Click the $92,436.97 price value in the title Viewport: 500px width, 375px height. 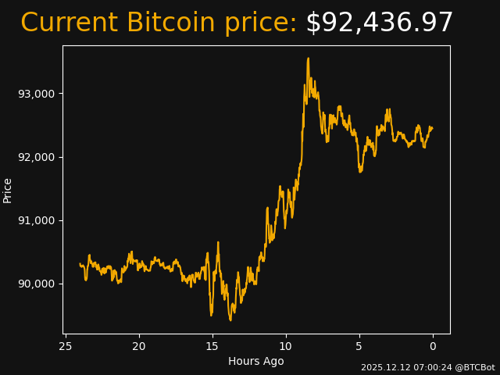tap(379, 23)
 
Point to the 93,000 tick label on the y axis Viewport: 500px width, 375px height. tap(35, 94)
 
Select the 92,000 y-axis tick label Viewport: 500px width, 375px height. tap(35, 157)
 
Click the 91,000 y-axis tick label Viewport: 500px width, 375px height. tap(35, 220)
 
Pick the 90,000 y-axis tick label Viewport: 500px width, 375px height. tap(35, 284)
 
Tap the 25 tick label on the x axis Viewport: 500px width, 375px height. tap(66, 346)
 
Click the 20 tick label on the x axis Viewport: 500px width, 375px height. tap(139, 346)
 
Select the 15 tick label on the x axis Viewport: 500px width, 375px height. tap(212, 346)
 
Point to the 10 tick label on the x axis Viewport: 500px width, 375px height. tap(285, 346)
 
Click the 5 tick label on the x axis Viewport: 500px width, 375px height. tap(359, 346)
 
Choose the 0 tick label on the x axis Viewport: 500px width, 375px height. tap(433, 346)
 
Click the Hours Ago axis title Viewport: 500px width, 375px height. tap(256, 361)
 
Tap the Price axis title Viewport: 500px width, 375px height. tap(8, 190)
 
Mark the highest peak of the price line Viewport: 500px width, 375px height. tap(308, 58)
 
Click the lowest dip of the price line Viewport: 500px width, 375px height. tap(230, 320)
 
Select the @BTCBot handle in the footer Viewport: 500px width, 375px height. tap(474, 367)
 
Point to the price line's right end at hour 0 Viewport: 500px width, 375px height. tap(432, 127)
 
